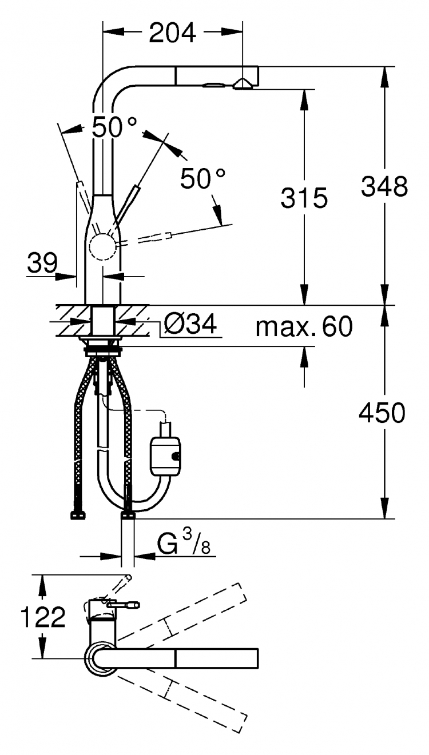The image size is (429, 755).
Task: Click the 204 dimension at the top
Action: click(x=172, y=33)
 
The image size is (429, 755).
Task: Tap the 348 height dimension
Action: click(x=384, y=186)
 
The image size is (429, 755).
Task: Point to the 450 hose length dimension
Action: click(x=382, y=413)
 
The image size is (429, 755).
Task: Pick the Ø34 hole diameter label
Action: click(x=190, y=324)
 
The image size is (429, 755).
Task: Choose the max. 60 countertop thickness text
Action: click(x=304, y=326)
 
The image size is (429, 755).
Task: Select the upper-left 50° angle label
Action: click(x=114, y=127)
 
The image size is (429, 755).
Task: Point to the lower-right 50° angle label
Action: click(x=202, y=178)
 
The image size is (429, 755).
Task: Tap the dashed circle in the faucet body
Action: click(x=102, y=247)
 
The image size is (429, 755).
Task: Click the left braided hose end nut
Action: click(x=78, y=516)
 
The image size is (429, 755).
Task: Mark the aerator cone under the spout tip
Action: click(x=243, y=84)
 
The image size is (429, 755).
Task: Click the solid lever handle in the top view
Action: click(x=122, y=605)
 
